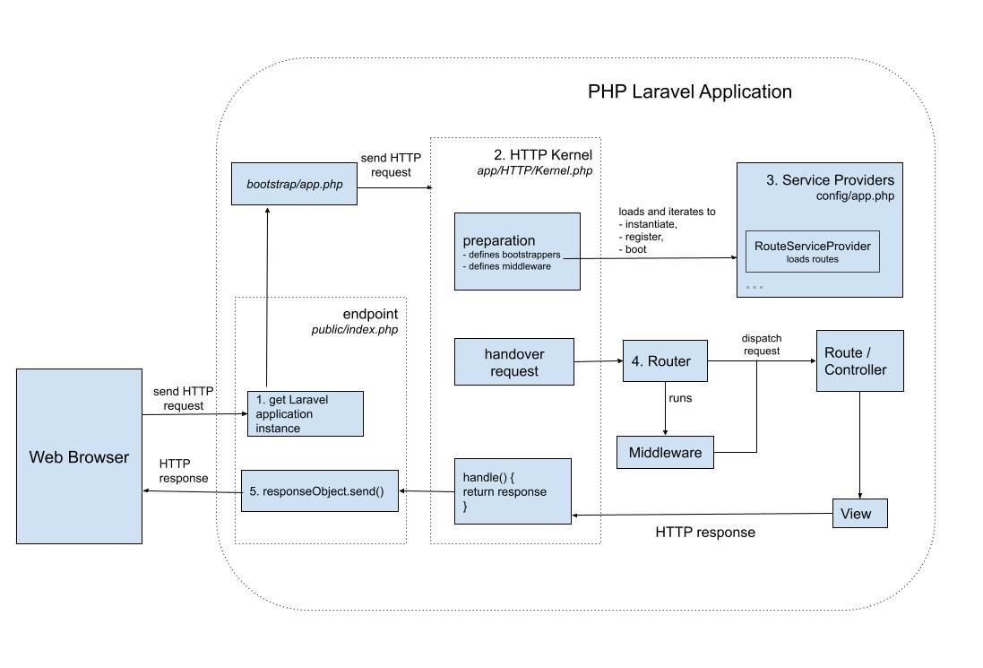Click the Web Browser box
click(x=79, y=456)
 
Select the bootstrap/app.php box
click(x=294, y=184)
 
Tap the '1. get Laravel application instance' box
click(x=305, y=413)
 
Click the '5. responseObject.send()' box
click(x=319, y=491)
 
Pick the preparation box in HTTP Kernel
click(x=517, y=251)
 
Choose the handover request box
click(x=513, y=362)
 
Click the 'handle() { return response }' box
click(x=513, y=491)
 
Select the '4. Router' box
click(x=664, y=361)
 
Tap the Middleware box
click(x=665, y=452)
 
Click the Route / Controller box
click(x=859, y=360)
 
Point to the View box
click(x=860, y=514)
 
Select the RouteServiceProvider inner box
click(x=812, y=251)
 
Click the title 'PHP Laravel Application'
click(x=689, y=91)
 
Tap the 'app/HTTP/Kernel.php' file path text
click(x=534, y=170)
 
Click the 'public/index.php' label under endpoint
click(x=354, y=329)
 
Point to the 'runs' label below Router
click(x=678, y=396)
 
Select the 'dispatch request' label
click(x=761, y=344)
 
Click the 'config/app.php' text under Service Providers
click(x=854, y=195)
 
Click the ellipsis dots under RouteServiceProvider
click(x=754, y=288)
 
